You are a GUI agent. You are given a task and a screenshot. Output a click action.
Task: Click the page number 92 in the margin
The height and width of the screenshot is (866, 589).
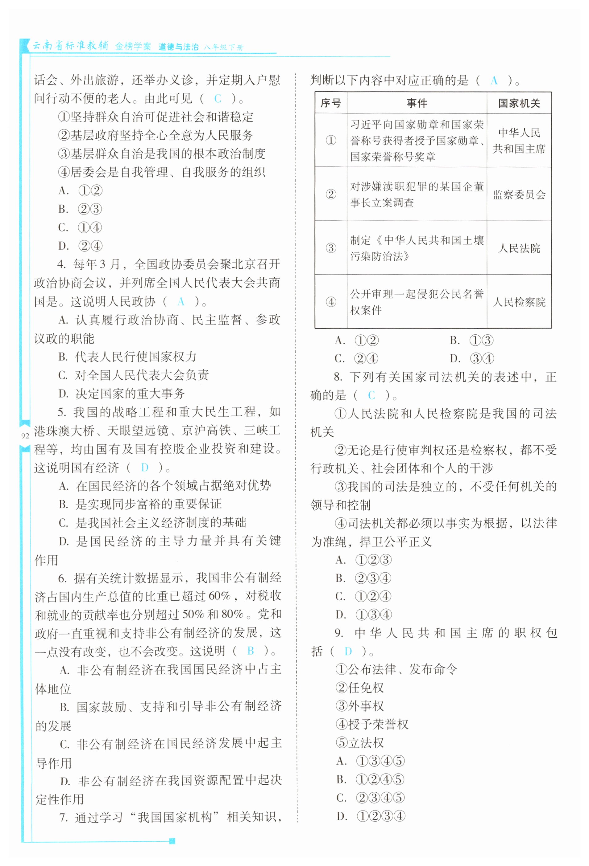tap(25, 435)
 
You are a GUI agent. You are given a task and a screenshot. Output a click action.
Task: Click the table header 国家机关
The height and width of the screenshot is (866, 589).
tap(519, 103)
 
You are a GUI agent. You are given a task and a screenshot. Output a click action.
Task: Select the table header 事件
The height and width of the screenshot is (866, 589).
tap(417, 103)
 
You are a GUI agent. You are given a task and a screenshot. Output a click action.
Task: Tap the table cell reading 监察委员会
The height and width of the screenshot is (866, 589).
tap(519, 194)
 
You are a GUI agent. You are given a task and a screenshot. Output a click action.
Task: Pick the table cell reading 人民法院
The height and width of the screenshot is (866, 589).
tap(519, 248)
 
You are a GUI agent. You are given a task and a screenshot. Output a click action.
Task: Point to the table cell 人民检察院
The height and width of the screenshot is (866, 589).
tap(519, 302)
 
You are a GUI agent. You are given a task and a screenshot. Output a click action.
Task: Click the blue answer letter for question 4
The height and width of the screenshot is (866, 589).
tap(181, 301)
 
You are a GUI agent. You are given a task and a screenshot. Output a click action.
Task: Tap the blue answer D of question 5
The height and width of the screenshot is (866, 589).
tap(145, 467)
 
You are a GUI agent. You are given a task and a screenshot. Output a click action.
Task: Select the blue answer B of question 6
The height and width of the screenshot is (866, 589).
tap(250, 651)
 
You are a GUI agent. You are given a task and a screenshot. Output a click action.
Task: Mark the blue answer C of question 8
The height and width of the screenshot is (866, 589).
tap(371, 395)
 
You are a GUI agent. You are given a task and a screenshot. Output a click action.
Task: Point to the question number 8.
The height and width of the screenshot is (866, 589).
tap(338, 377)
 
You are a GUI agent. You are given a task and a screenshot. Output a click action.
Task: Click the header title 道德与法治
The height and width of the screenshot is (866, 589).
tap(178, 47)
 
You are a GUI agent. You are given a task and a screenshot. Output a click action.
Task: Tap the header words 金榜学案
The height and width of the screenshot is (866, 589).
tap(133, 47)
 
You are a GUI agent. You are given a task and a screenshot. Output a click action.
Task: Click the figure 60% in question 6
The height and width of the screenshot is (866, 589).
tap(219, 596)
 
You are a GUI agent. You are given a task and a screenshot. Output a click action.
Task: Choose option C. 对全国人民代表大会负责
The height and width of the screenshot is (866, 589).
tap(134, 375)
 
